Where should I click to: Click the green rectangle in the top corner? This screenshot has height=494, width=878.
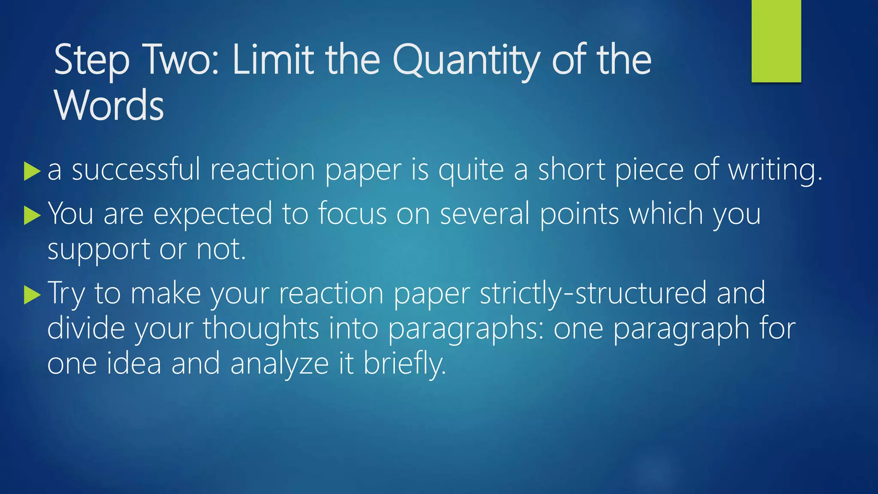point(776,41)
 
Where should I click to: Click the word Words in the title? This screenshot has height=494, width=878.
point(109,105)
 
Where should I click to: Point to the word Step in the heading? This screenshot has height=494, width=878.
point(91,61)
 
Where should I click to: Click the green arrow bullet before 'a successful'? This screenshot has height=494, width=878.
point(32,171)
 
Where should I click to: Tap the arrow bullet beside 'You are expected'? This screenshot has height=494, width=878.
point(32,215)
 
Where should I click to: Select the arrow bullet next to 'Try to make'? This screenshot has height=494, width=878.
point(32,295)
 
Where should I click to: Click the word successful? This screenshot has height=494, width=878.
point(136,169)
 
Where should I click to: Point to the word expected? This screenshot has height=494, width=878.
point(213,214)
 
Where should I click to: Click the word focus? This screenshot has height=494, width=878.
point(352,214)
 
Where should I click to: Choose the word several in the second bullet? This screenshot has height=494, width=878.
point(484,214)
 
